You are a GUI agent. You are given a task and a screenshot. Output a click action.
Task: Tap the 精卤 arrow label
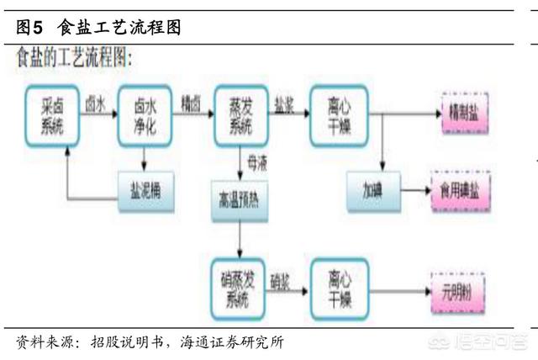[x=192, y=103]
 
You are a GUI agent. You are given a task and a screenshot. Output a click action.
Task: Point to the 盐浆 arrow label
[x=284, y=103]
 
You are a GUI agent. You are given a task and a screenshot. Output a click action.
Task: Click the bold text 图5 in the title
[x=31, y=28]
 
